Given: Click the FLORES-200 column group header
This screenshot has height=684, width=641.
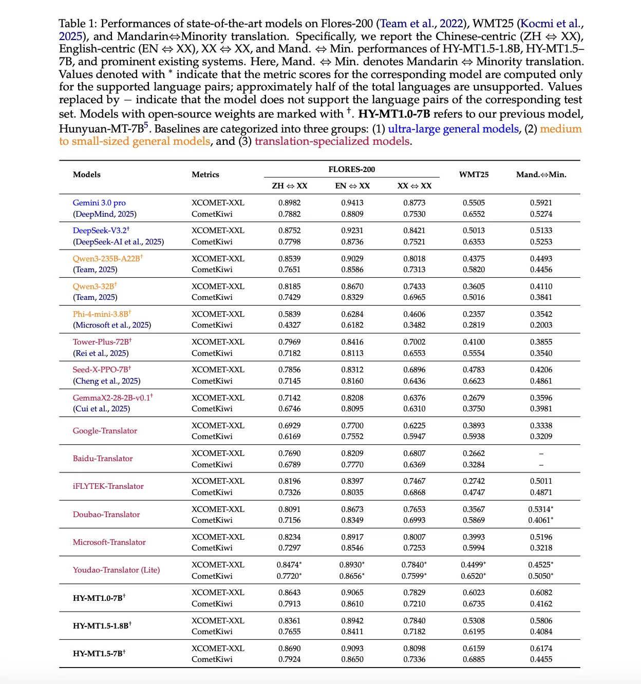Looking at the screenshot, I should [351, 169].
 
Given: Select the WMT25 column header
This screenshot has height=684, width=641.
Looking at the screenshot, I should [474, 175].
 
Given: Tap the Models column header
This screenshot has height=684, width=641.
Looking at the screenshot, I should [87, 175].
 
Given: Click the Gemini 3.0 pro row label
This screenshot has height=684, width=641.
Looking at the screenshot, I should [99, 203].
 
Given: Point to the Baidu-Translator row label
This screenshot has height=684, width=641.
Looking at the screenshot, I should [103, 459].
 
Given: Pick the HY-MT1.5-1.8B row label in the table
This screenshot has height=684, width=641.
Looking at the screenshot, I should [102, 626].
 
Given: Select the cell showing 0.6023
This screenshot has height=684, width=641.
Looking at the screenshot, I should [474, 593].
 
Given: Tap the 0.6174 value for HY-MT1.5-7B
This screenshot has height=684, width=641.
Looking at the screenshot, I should [541, 649].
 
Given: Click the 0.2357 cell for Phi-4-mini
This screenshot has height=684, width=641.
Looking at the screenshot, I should [474, 314].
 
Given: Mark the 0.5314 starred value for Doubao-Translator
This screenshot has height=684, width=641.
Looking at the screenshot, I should [540, 509].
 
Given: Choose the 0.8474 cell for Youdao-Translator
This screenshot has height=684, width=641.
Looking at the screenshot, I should [289, 565].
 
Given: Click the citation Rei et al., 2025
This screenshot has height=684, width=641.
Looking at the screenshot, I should [101, 353].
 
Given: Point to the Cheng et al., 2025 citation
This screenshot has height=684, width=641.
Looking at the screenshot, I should [106, 381].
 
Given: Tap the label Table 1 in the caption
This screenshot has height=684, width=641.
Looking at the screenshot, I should [78, 24].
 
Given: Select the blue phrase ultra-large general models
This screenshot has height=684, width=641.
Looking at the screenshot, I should [453, 129].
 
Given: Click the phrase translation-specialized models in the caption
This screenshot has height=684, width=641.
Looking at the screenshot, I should [332, 141].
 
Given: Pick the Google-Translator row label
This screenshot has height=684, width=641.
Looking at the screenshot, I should [105, 431].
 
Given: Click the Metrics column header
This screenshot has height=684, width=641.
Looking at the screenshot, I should [205, 175].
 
